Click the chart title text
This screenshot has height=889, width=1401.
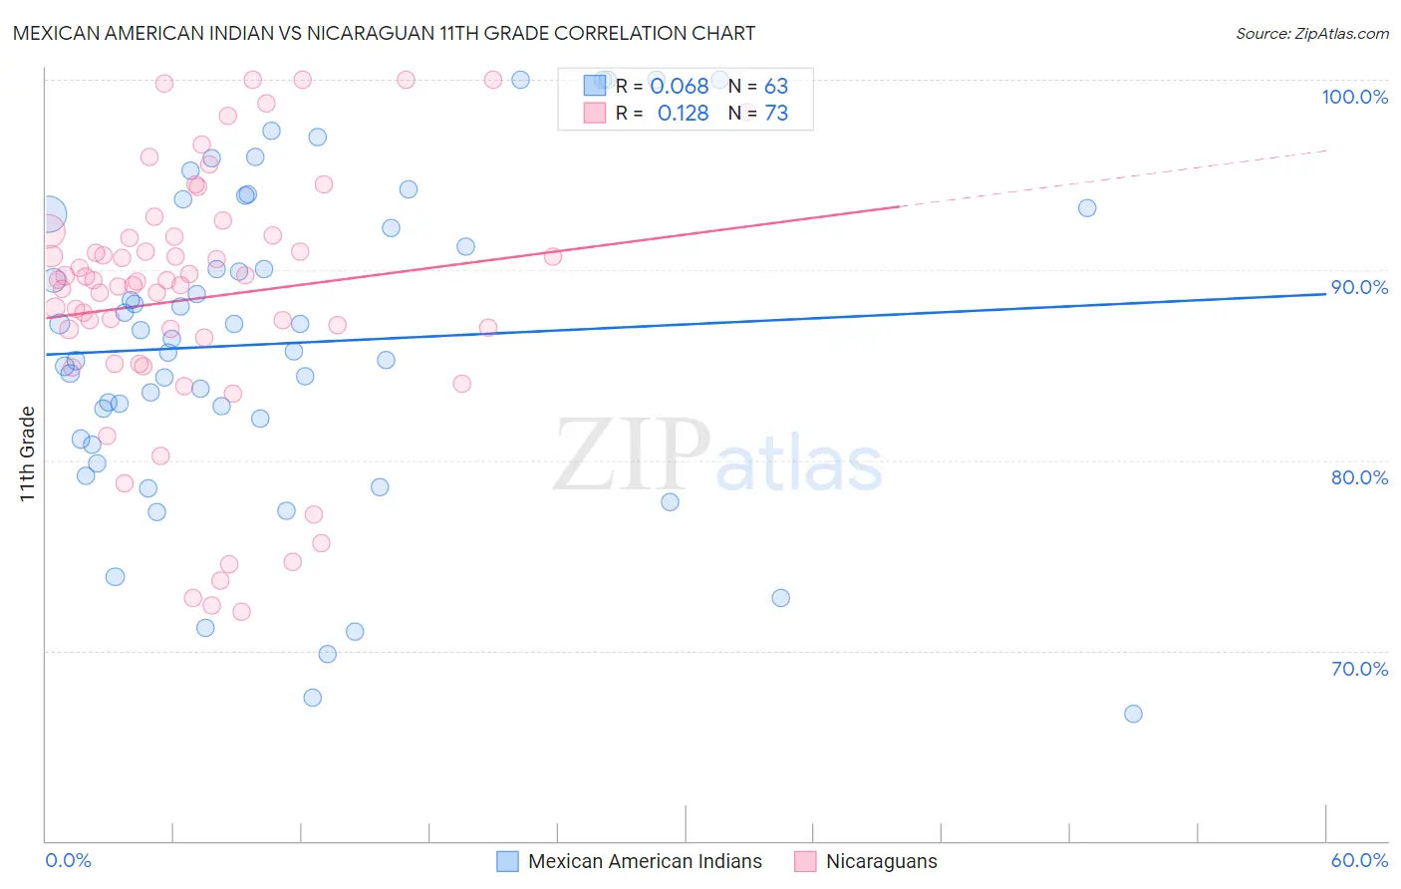point(384,33)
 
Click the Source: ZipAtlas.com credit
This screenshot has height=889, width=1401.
point(1311,33)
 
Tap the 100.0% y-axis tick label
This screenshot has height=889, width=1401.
point(1354,97)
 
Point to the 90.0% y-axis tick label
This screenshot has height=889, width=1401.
point(1359,287)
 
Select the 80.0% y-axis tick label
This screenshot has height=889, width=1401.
point(1359,477)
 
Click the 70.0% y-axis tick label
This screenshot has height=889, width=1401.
point(1359,669)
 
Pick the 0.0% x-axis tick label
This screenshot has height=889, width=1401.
point(68,860)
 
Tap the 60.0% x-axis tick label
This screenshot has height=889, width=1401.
point(1359,860)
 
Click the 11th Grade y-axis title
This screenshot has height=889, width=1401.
point(28,453)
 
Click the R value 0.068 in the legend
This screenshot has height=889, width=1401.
point(679,87)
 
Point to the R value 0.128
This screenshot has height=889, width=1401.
point(683,114)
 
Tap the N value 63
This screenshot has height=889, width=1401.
point(776,87)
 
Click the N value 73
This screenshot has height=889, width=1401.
point(776,114)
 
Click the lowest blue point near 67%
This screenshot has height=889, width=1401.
point(1133,714)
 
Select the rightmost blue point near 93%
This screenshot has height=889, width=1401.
point(1087,208)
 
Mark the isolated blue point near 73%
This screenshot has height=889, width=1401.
point(780,598)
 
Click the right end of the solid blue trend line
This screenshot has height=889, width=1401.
point(1325,294)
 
